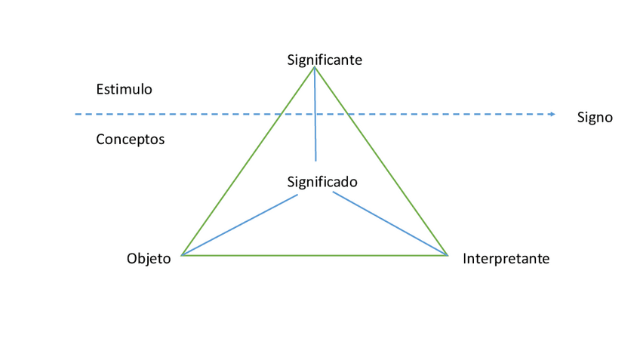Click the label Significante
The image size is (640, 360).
[325, 60]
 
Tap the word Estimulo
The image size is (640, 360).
[124, 89]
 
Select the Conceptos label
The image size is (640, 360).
[130, 140]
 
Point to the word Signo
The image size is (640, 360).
[595, 117]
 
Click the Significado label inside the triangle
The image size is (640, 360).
[322, 182]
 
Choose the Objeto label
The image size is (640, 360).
[149, 259]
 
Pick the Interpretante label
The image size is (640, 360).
[506, 259]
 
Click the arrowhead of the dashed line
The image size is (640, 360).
[552, 114]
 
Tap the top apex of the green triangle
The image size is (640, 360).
[314, 67]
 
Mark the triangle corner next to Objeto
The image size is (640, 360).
[182, 255]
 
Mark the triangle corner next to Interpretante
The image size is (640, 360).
[448, 255]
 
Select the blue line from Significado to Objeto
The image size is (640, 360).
[240, 225]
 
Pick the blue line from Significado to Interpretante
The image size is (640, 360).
[390, 223]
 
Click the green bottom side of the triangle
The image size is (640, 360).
[315, 255]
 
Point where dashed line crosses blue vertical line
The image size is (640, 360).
[315, 114]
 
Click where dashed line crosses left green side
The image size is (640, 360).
[281, 114]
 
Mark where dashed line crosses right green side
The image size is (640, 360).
[347, 114]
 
